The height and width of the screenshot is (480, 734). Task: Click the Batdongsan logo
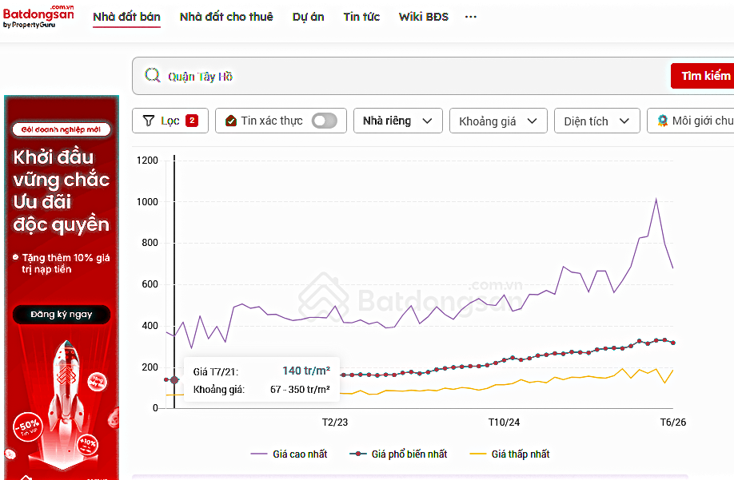point(38,16)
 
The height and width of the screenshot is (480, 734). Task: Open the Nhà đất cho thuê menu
point(226,17)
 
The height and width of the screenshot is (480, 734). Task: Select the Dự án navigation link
point(308,18)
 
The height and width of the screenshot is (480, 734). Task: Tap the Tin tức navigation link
point(361,17)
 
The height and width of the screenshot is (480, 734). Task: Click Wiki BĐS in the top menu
point(423,17)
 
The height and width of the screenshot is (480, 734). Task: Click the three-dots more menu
point(470,17)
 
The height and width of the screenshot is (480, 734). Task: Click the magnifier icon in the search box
point(153,75)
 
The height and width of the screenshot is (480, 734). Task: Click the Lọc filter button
point(170,121)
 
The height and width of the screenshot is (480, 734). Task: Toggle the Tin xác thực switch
point(325,121)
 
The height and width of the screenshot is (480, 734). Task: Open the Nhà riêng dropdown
point(398,121)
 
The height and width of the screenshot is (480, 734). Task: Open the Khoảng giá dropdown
point(498,121)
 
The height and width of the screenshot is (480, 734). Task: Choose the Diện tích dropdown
point(596,121)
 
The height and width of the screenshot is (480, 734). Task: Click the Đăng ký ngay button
point(62,314)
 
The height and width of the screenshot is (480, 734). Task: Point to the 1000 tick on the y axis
point(147,202)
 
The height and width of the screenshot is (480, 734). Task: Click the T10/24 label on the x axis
point(504,422)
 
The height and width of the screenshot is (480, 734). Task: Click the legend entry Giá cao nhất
point(289,454)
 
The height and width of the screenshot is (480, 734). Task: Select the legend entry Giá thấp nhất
point(509,454)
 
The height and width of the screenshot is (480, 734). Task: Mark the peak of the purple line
point(656,200)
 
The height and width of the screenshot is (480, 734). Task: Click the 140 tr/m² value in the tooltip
point(306,371)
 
